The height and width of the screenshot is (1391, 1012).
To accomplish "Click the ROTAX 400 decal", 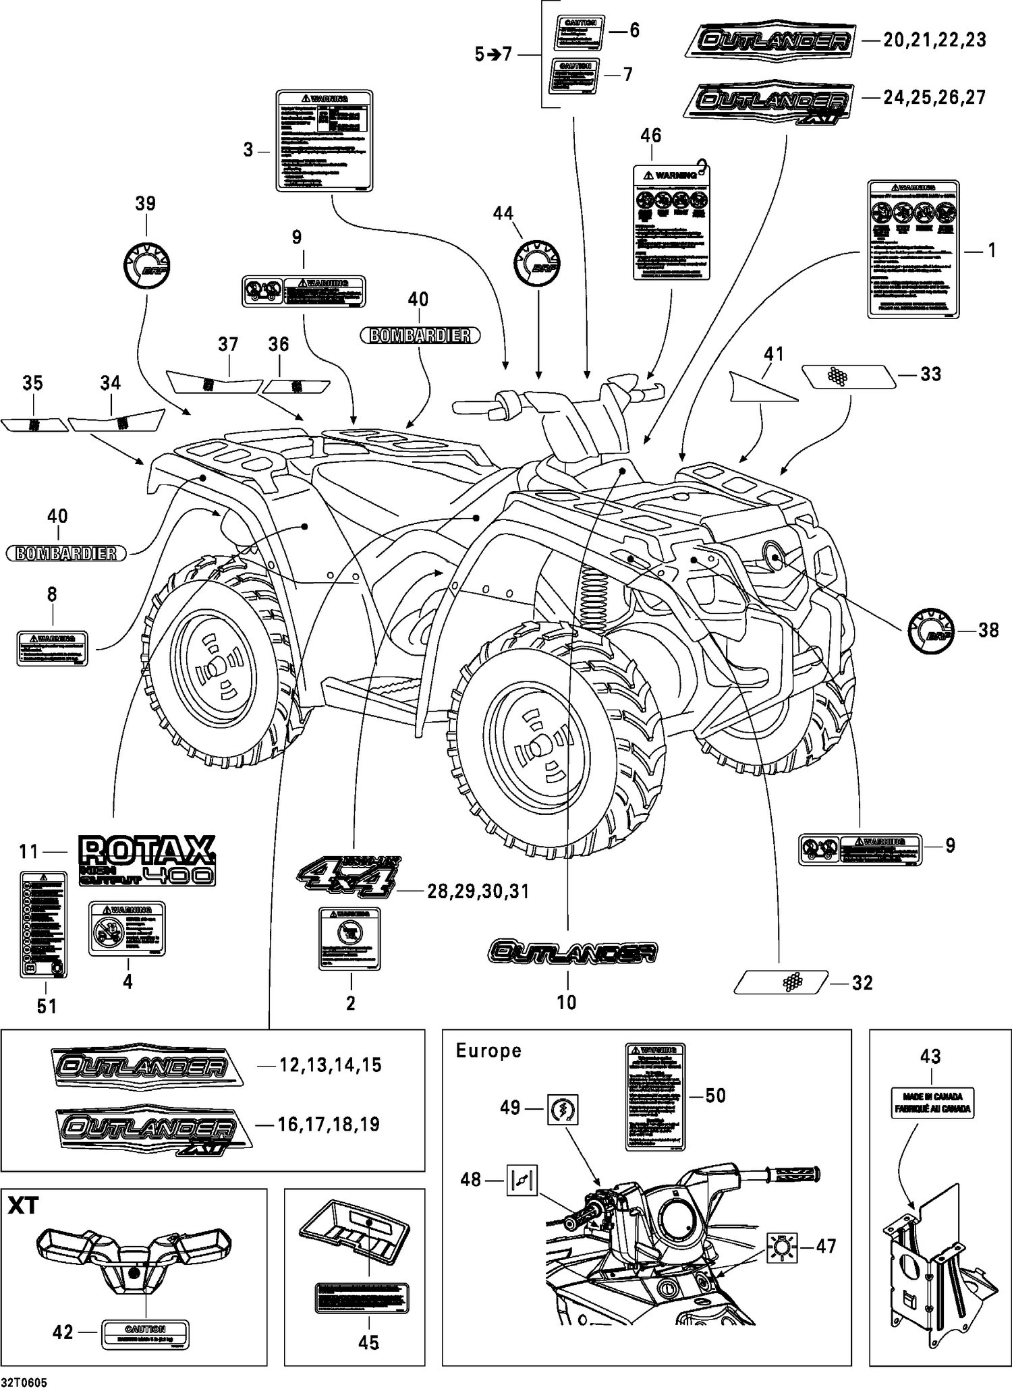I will coord(147,860).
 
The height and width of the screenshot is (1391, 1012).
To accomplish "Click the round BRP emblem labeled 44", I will coord(537,262).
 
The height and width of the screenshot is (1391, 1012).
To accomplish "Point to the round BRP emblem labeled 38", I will coord(932,630).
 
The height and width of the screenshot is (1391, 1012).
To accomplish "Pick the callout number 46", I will coord(650,136).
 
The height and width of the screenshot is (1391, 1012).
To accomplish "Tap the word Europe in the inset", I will coord(488,1050).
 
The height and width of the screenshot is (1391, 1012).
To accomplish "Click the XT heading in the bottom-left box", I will coord(24,1205).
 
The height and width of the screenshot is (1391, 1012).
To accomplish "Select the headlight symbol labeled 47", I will coord(782,1247).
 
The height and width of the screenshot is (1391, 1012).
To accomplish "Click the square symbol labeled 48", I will coord(522,1180).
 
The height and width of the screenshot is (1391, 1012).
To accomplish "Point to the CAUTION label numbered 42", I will coord(145,1334).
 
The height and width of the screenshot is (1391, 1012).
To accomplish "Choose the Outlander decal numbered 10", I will coord(572,952).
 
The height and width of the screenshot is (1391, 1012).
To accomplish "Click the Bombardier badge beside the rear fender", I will coord(66,553).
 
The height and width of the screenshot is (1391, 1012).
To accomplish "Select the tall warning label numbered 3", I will coord(325,141).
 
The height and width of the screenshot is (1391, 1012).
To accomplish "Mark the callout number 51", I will coord(47,1006).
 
